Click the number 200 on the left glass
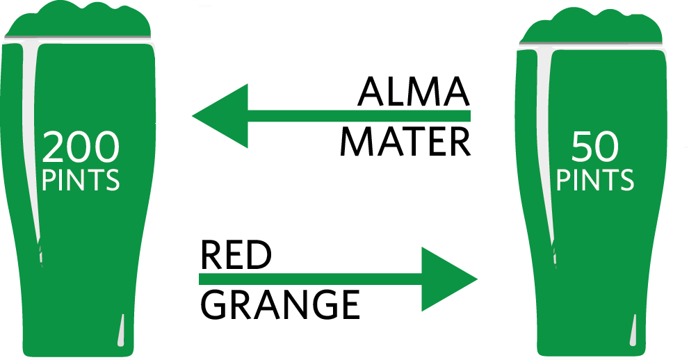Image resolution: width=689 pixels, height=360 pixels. tap(81, 147)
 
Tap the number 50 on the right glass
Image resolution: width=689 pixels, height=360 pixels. tap(595, 147)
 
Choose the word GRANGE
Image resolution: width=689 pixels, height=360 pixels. tap(280, 304)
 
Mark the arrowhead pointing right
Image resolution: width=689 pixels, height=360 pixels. tap(448, 279)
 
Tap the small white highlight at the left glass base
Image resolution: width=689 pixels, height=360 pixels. tap(122, 331)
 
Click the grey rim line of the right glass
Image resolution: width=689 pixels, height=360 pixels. tap(591, 46)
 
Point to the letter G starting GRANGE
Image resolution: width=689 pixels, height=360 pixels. tap(216, 304)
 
